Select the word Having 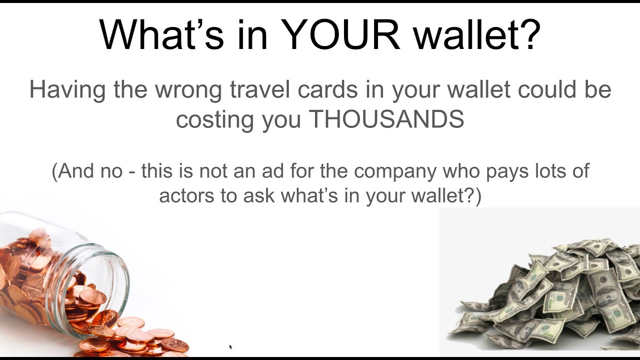67,90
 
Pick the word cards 332,90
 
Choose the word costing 214,120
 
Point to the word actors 185,195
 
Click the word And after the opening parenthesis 76,171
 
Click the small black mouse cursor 230,346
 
